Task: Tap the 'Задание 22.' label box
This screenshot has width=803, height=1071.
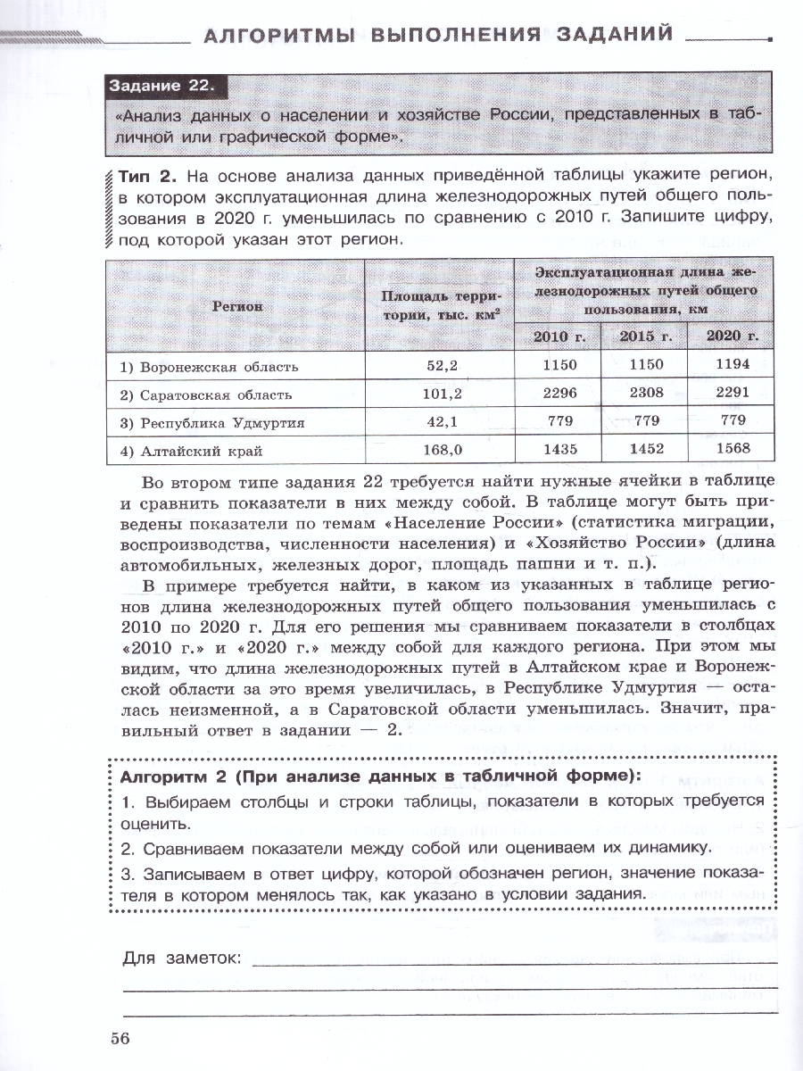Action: pyautogui.click(x=162, y=87)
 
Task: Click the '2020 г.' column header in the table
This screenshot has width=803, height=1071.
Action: pyautogui.click(x=732, y=336)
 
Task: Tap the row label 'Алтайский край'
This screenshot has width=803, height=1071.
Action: pyautogui.click(x=191, y=450)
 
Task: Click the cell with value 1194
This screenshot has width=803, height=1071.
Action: pyautogui.click(x=732, y=365)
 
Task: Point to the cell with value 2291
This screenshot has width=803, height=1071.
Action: pyautogui.click(x=732, y=393)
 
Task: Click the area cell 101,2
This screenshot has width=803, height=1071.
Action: pyautogui.click(x=440, y=394)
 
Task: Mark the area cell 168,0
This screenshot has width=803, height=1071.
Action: pyautogui.click(x=440, y=450)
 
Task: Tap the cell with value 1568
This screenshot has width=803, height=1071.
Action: pyautogui.click(x=732, y=449)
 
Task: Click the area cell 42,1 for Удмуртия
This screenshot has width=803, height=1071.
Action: pyautogui.click(x=440, y=422)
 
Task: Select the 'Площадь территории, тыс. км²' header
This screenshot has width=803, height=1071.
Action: pyautogui.click(x=440, y=305)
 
